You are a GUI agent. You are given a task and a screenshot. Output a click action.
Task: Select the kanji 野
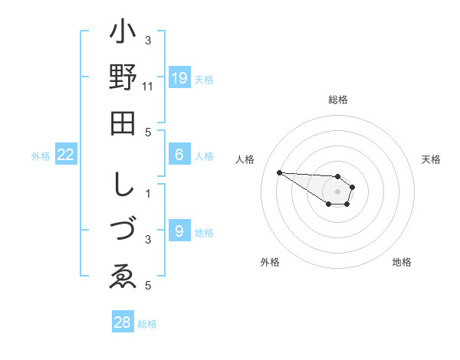123,78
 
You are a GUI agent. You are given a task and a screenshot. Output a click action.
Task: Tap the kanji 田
123,123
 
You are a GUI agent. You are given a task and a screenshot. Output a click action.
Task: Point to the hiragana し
123,186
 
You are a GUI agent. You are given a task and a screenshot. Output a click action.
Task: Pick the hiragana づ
123,231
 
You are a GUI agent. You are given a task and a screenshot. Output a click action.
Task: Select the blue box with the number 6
179,155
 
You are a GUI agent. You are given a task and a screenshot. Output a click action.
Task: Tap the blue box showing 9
179,230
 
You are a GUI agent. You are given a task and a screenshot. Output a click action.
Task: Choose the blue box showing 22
66,155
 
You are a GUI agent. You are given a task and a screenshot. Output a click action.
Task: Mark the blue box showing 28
123,322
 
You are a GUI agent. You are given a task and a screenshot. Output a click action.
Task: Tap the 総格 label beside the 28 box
147,324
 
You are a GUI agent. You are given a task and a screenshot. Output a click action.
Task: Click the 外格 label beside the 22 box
41,156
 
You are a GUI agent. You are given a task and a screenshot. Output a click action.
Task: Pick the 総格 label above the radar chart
338,100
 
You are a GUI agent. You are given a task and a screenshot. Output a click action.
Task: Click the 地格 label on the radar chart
402,262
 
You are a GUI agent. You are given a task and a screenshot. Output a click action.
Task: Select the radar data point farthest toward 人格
279,172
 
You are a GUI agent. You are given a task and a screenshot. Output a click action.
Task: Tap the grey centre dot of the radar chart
337,191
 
